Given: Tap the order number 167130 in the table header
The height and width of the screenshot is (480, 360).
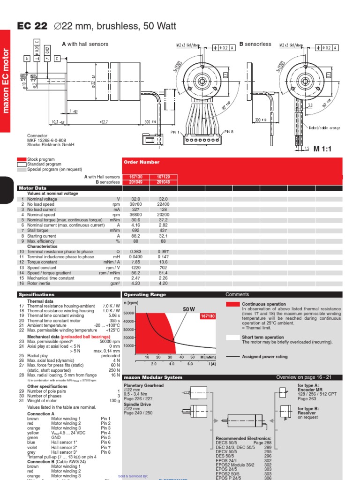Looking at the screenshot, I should pyautogui.click(x=135, y=177).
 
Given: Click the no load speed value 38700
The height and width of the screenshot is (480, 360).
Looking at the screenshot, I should pyautogui.click(x=135, y=205).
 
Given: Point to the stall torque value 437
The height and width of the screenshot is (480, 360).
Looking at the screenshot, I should pyautogui.click(x=163, y=231).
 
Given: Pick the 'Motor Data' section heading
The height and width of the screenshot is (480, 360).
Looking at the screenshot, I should pyautogui.click(x=33, y=188).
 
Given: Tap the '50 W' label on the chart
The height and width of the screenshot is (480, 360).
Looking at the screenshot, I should pyautogui.click(x=188, y=309).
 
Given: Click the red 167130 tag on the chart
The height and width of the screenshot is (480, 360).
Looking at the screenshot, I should pyautogui.click(x=208, y=316).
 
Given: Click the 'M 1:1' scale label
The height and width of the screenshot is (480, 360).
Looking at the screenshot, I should pyautogui.click(x=322, y=149).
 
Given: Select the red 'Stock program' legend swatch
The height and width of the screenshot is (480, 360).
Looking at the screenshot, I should pyautogui.click(x=21, y=159).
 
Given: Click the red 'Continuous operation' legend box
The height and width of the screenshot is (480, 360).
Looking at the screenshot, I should pyautogui.click(x=232, y=304).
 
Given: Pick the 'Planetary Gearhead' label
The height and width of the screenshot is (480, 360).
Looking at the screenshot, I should pyautogui.click(x=143, y=385).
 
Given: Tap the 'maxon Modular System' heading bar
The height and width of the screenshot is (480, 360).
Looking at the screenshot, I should pyautogui.click(x=152, y=377).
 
